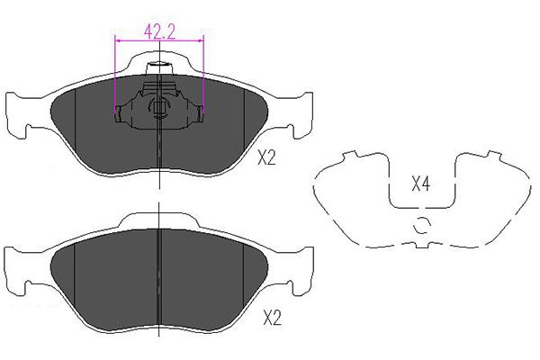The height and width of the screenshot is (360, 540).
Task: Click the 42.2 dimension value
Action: pos(159,32)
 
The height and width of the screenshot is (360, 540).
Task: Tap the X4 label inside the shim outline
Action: pos(421,184)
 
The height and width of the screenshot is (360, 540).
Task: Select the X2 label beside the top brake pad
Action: pos(267,158)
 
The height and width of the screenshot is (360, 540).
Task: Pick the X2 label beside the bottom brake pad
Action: pos(272,319)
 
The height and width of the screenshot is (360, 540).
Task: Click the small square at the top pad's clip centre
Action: pos(159,108)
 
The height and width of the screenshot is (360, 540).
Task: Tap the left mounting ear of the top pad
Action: pos(17,115)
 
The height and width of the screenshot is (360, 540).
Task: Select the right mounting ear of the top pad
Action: pos(302,115)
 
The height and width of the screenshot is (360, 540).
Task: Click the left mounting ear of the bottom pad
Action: pos(17,271)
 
